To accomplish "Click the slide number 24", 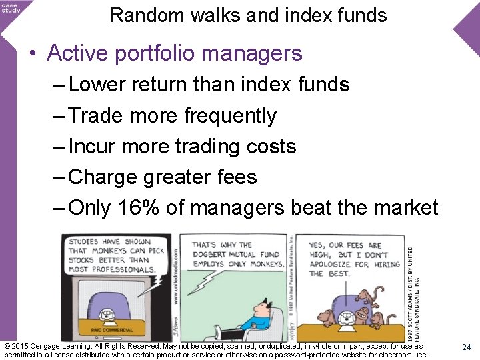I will click(467, 347).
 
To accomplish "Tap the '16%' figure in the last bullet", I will click(139, 207).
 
